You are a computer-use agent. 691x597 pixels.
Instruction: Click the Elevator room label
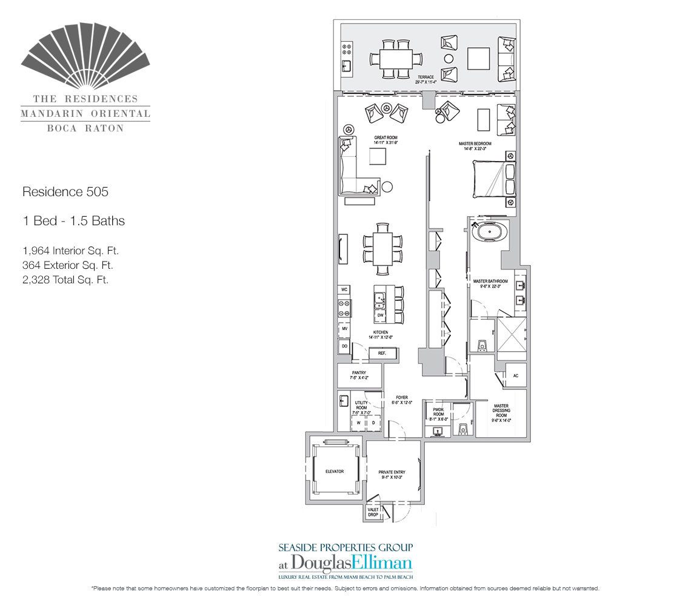[x=334, y=471]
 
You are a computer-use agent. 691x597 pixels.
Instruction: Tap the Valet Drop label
[x=373, y=512]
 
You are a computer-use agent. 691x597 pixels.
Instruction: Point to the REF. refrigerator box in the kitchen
[x=382, y=352]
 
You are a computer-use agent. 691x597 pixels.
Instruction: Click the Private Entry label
[x=392, y=474]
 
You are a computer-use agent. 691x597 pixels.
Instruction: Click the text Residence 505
[x=65, y=192]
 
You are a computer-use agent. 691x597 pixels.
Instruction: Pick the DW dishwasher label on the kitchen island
[x=380, y=315]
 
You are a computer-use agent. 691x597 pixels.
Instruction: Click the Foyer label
[x=402, y=400]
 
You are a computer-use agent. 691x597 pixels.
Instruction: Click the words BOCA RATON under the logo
[x=85, y=128]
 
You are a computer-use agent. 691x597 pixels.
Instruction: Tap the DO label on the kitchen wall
[x=344, y=346]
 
